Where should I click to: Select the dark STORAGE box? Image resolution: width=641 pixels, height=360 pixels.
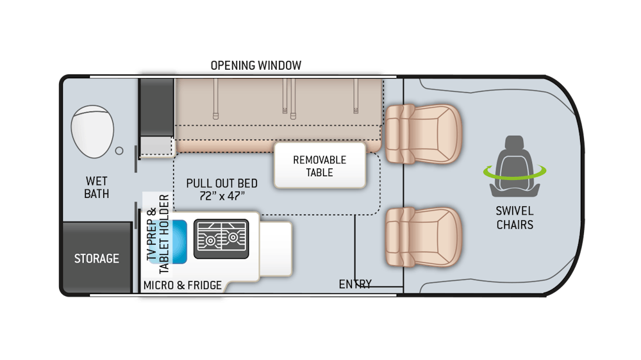tap(96, 258)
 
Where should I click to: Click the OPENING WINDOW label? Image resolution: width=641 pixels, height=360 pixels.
tap(256, 65)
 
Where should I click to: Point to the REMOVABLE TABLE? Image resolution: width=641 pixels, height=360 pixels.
tap(319, 165)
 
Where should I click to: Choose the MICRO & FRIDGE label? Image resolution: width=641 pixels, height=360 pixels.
tap(183, 285)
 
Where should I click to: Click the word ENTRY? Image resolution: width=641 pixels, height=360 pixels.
tap(355, 284)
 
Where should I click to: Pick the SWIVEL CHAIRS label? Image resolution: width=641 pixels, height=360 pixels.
tap(514, 218)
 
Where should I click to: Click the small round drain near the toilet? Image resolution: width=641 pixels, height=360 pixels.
tap(119, 151)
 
